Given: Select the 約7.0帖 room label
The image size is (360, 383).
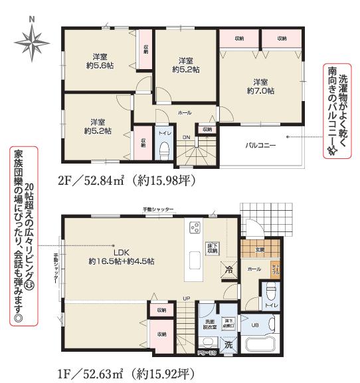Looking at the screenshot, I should pos(260,86).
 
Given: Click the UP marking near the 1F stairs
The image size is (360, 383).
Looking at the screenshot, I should pos(187,298).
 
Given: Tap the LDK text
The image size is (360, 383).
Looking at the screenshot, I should pos(120,252).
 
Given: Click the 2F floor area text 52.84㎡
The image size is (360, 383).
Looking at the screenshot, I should pos(106,180).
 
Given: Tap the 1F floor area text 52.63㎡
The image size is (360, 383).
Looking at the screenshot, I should pos(106,371).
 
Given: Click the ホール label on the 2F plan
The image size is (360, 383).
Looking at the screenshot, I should pos(184,114).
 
